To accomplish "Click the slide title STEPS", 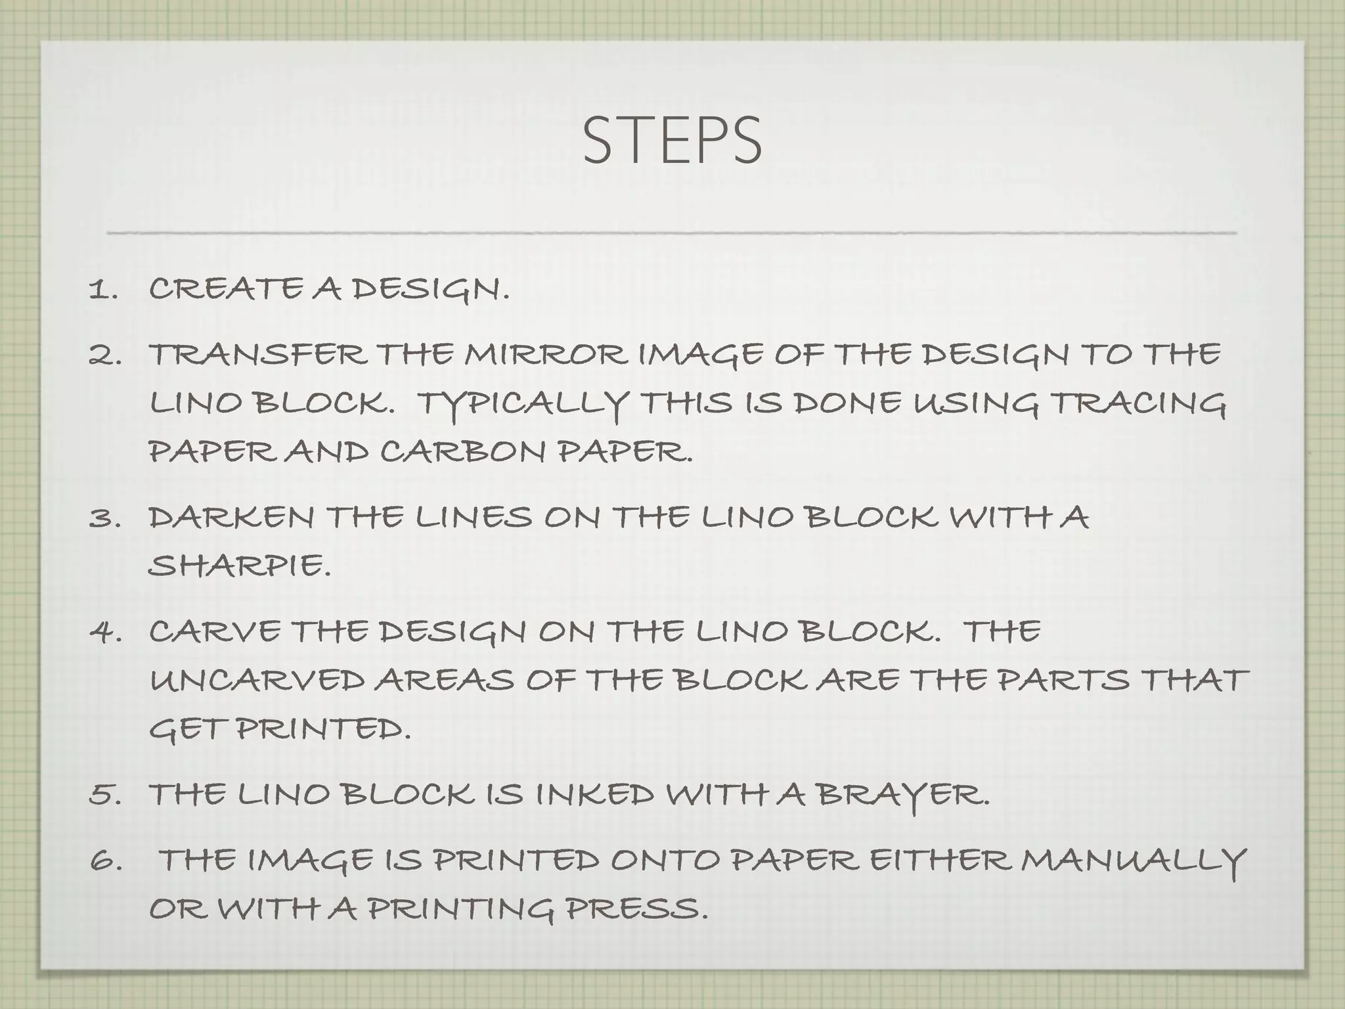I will (x=671, y=141).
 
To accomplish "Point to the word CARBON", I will (x=462, y=452).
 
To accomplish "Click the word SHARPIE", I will (x=238, y=565).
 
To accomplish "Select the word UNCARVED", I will (x=257, y=681).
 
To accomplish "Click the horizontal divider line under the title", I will (x=671, y=233).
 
